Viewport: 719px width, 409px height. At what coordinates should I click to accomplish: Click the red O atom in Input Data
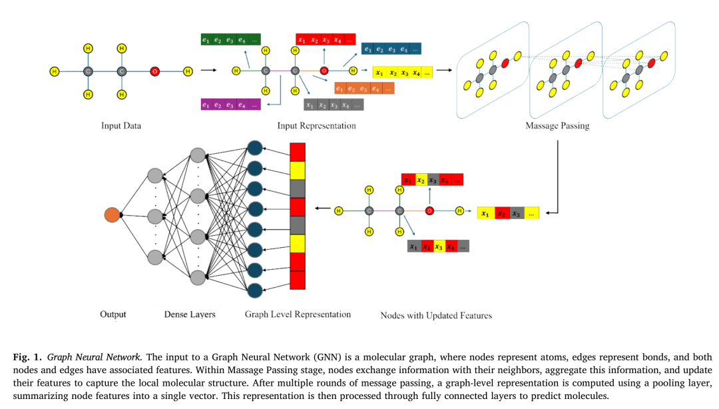[x=154, y=71]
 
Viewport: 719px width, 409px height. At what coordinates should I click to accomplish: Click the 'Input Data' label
[x=121, y=125]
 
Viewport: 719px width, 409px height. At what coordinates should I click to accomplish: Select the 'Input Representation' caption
[x=316, y=125]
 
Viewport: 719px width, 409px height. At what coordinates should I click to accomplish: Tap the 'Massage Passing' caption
[x=557, y=125]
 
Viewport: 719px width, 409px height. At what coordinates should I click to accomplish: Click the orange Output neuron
[x=112, y=215]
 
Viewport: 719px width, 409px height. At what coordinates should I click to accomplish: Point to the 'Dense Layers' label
[x=190, y=314]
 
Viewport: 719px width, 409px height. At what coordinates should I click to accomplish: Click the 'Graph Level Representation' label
[x=298, y=314]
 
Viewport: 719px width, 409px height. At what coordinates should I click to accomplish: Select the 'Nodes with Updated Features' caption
[x=436, y=315]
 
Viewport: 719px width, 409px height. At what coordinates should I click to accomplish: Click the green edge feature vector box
[x=230, y=40]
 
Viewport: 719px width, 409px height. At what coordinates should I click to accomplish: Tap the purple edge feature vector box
[x=230, y=105]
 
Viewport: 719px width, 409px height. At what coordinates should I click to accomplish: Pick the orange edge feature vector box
[x=363, y=88]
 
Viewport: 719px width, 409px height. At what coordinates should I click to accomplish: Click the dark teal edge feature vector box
[x=391, y=49]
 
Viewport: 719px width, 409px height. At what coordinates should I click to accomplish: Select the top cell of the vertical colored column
[x=298, y=152]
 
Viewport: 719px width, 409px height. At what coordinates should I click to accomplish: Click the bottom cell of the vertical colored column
[x=298, y=280]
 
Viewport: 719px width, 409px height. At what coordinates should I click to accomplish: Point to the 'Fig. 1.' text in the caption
[x=27, y=358]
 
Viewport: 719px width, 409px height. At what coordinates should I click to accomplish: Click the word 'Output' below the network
[x=113, y=314]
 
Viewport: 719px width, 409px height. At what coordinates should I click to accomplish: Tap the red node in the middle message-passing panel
[x=577, y=63]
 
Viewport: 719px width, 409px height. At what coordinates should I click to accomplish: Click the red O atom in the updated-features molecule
[x=429, y=211]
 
